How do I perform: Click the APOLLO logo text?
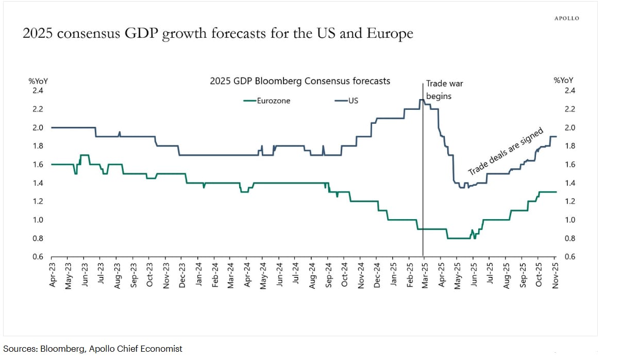click(x=566, y=18)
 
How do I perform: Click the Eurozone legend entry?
click(x=273, y=101)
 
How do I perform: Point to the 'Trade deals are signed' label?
click(x=506, y=152)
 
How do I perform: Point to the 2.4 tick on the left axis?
click(x=38, y=91)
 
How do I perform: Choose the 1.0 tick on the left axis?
click(x=38, y=220)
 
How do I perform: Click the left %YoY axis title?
click(x=38, y=80)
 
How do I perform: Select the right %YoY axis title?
click(x=563, y=80)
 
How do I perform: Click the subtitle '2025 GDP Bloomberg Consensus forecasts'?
click(x=300, y=81)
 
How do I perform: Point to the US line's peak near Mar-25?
click(x=422, y=100)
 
